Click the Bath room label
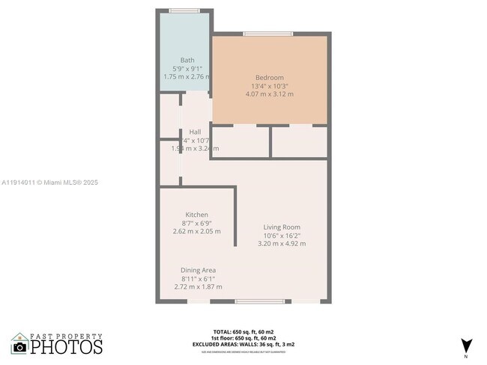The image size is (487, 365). (187, 60)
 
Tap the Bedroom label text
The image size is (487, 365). (270, 78)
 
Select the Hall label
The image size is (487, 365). (195, 132)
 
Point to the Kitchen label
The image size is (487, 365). (197, 215)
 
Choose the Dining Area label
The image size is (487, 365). (199, 270)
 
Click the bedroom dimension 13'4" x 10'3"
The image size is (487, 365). (270, 86)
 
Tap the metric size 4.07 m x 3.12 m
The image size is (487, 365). (270, 94)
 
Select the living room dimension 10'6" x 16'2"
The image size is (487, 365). (282, 236)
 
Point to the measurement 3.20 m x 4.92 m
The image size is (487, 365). (282, 244)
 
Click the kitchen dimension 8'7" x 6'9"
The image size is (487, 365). (197, 223)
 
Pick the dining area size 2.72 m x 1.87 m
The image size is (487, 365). (197, 286)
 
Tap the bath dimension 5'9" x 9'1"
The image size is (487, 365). (187, 68)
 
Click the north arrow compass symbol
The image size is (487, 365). (467, 346)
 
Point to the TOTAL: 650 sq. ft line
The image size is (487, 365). (243, 331)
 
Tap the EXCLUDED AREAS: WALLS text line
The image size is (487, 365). (243, 344)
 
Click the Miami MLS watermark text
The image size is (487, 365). (49, 182)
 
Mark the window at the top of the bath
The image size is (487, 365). (184, 10)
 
